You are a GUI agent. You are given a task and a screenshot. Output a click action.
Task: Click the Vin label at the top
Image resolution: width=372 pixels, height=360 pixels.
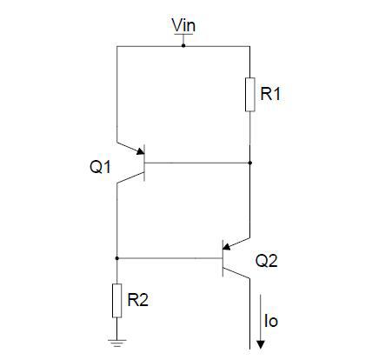(184, 26)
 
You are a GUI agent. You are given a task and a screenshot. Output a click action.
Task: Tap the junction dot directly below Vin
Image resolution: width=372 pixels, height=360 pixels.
(183, 43)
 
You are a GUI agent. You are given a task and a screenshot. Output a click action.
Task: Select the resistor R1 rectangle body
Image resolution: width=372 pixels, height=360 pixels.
(249, 95)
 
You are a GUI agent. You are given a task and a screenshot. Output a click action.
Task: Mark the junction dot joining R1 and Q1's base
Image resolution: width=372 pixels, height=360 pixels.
(249, 163)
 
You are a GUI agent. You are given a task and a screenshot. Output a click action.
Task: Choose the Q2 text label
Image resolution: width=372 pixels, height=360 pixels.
(266, 259)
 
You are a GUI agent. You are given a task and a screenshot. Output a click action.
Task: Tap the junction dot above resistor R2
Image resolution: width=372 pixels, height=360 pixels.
(116, 258)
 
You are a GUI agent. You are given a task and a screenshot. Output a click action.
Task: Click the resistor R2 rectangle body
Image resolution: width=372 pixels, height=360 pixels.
(116, 299)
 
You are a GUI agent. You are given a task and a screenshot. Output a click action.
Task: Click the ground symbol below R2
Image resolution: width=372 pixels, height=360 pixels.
(116, 343)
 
